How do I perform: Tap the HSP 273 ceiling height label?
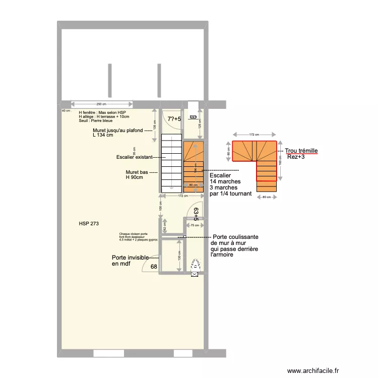point(89,223)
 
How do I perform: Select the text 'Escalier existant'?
point(133,157)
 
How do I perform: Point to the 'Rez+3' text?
point(296,157)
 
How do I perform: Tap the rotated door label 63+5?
point(196,215)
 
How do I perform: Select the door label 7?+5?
point(174,119)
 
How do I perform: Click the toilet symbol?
point(195,265)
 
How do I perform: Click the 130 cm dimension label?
point(179,256)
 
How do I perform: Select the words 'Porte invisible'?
point(130,258)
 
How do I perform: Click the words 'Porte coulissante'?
point(236,236)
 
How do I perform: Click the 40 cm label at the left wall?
point(66,110)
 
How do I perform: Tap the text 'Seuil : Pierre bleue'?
point(96,121)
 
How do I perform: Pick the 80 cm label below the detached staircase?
point(266,197)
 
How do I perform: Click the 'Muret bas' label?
point(137,172)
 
